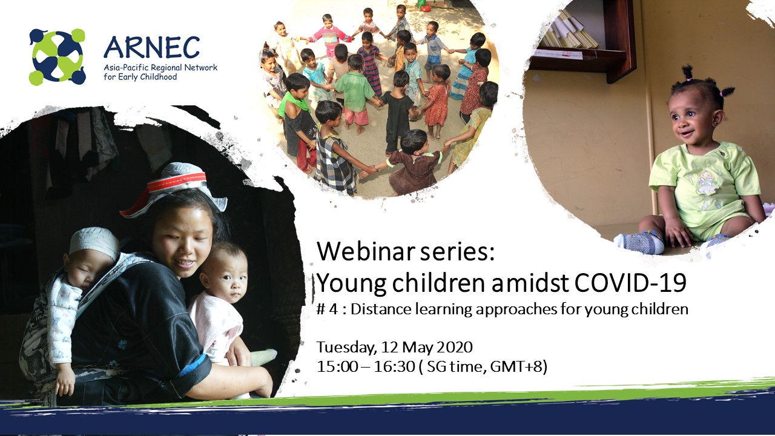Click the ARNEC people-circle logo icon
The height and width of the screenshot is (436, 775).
[x=57, y=57]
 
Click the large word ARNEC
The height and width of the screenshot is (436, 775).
[x=151, y=47]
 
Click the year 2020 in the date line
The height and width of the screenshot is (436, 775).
[x=454, y=347]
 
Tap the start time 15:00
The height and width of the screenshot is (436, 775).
[x=337, y=367]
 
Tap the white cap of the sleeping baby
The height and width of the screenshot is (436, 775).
[x=93, y=240]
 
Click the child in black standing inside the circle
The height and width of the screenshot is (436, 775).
[x=398, y=111]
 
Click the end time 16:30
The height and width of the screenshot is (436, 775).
[x=395, y=367]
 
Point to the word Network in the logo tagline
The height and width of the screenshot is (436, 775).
[x=202, y=67]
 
